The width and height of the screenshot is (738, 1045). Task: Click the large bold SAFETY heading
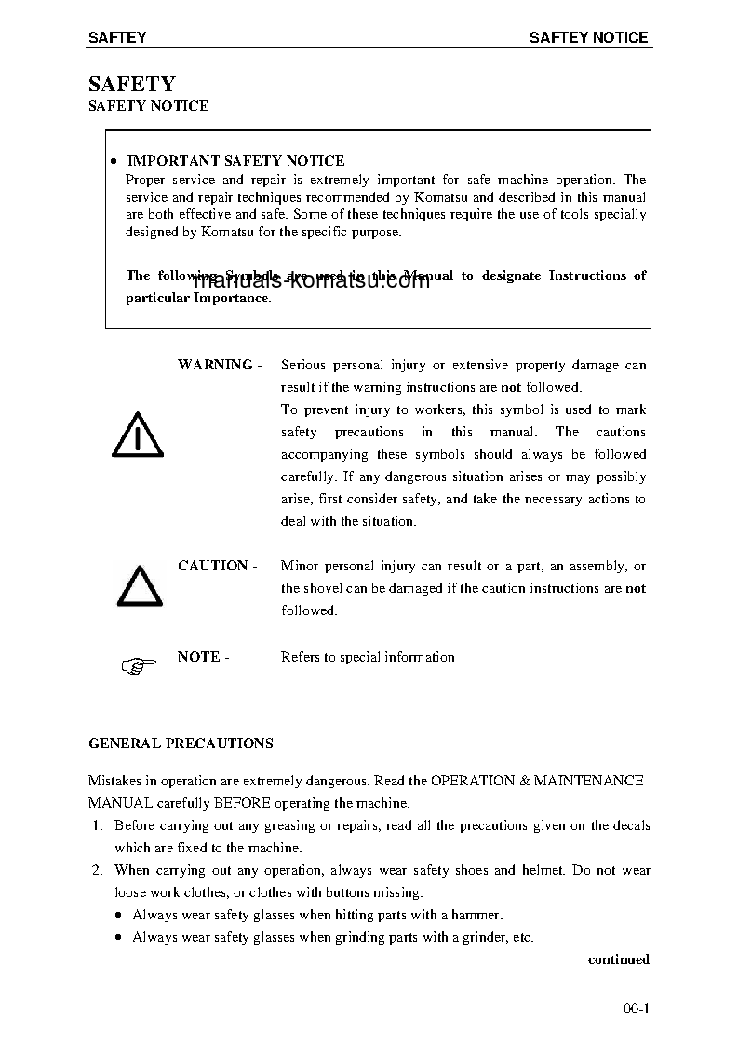(131, 85)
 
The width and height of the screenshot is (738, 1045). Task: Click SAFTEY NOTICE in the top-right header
(588, 37)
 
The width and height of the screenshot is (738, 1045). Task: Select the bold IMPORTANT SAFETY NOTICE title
(235, 161)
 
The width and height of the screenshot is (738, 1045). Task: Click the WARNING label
(215, 365)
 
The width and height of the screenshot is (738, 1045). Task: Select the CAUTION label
(213, 566)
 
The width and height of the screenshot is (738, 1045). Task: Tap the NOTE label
(198, 657)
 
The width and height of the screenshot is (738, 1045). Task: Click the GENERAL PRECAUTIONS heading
(181, 744)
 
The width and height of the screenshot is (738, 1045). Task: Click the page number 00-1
(636, 1009)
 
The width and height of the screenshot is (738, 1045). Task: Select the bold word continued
(618, 959)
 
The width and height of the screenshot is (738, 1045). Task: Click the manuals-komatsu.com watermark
(312, 281)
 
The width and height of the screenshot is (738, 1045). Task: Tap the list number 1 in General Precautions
(97, 825)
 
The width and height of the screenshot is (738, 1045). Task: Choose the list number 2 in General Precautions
(97, 870)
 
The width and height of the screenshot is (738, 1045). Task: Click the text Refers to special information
(368, 657)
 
